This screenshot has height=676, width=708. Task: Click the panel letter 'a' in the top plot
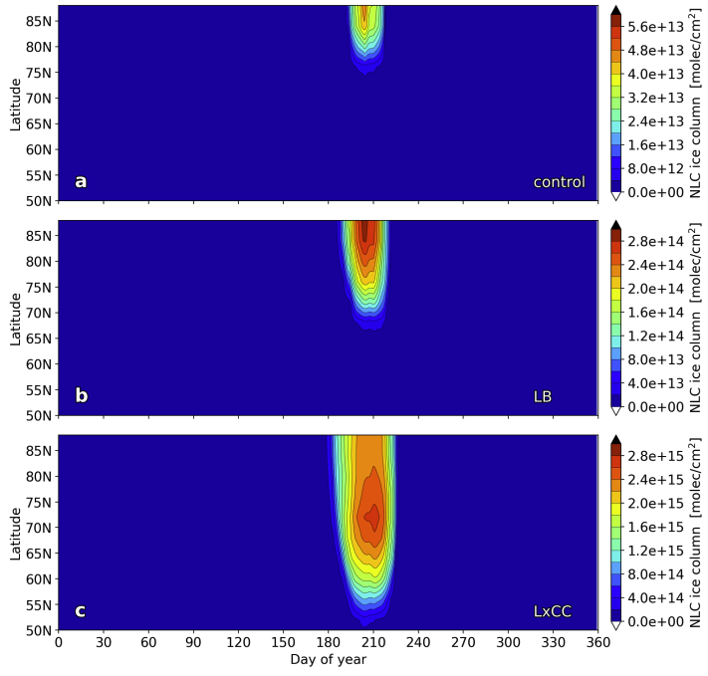pyautogui.click(x=81, y=181)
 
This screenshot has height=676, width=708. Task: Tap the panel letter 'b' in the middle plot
pyautogui.click(x=82, y=395)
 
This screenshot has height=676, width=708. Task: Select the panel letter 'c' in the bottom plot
pyautogui.click(x=81, y=610)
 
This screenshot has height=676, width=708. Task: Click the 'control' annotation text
pyautogui.click(x=559, y=182)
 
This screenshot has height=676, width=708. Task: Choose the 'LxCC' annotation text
pyautogui.click(x=553, y=611)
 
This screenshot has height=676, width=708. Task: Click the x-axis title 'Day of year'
pyautogui.click(x=328, y=659)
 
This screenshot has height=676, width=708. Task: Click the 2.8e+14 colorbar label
pyautogui.click(x=656, y=241)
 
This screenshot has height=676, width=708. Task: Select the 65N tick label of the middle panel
pyautogui.click(x=39, y=338)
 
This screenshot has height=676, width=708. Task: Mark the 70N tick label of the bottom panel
pyautogui.click(x=39, y=528)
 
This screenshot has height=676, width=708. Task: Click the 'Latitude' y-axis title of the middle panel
pyautogui.click(x=15, y=319)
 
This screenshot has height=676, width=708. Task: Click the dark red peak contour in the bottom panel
pyautogui.click(x=372, y=516)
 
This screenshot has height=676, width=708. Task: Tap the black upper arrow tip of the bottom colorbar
pyautogui.click(x=616, y=439)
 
